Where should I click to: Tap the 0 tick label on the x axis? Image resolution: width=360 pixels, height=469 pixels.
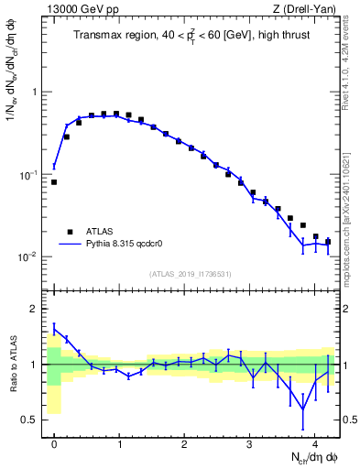tap(54, 442)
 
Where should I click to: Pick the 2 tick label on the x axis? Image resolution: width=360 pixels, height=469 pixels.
tap(184, 442)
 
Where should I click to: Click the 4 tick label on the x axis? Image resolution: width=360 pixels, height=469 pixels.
tap(314, 442)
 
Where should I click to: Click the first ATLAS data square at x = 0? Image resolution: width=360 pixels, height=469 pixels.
tap(54, 182)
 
